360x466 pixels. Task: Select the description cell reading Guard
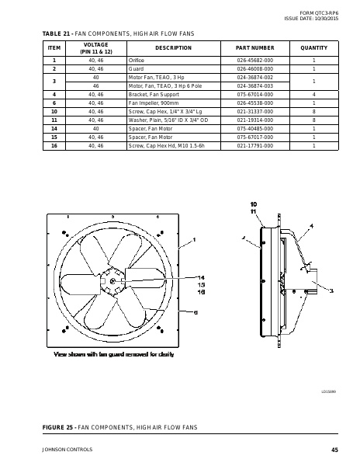pyautogui.click(x=137, y=68)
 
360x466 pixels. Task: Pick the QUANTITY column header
pyautogui.click(x=313, y=48)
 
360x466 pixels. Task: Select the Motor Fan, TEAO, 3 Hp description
pyautogui.click(x=156, y=77)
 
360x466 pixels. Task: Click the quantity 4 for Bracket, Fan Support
pyautogui.click(x=313, y=94)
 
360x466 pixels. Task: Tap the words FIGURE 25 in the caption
pyautogui.click(x=61, y=428)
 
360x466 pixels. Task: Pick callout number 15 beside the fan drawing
pyautogui.click(x=200, y=284)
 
